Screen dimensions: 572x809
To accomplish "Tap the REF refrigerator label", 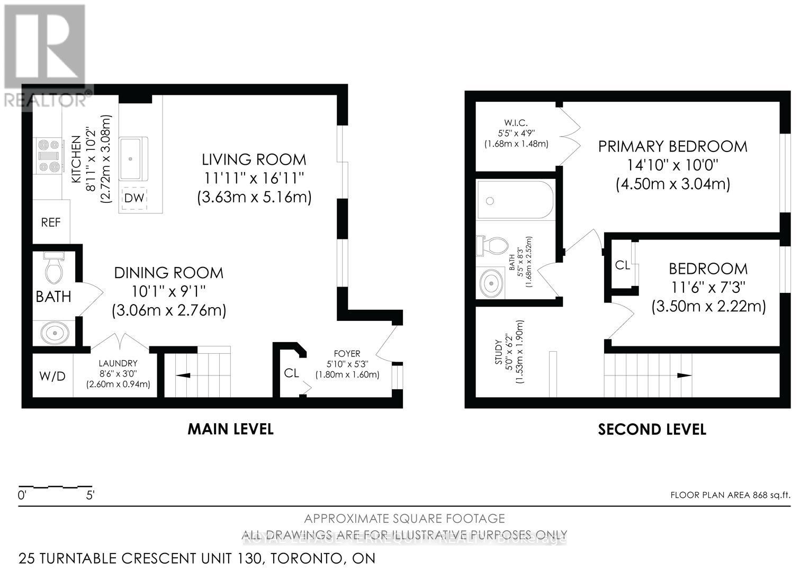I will click(51, 222).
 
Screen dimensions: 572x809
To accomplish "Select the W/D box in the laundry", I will click(52, 376).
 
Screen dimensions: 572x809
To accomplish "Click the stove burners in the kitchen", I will click(48, 155).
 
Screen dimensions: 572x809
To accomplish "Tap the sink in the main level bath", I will click(55, 333).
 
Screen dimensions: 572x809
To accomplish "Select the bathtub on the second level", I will click(515, 200).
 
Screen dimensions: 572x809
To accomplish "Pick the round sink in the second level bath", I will click(492, 284).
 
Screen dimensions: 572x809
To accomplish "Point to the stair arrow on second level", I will click(684, 375).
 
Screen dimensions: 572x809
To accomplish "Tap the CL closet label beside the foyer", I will click(292, 373).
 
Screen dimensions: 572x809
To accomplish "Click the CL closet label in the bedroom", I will click(623, 265).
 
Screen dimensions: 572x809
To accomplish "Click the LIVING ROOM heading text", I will click(254, 159).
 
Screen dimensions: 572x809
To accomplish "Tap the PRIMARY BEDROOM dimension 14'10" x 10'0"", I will click(672, 165).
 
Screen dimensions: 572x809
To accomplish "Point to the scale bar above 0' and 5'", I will click(56, 486).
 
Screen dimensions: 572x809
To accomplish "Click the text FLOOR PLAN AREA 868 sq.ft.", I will click(730, 495).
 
